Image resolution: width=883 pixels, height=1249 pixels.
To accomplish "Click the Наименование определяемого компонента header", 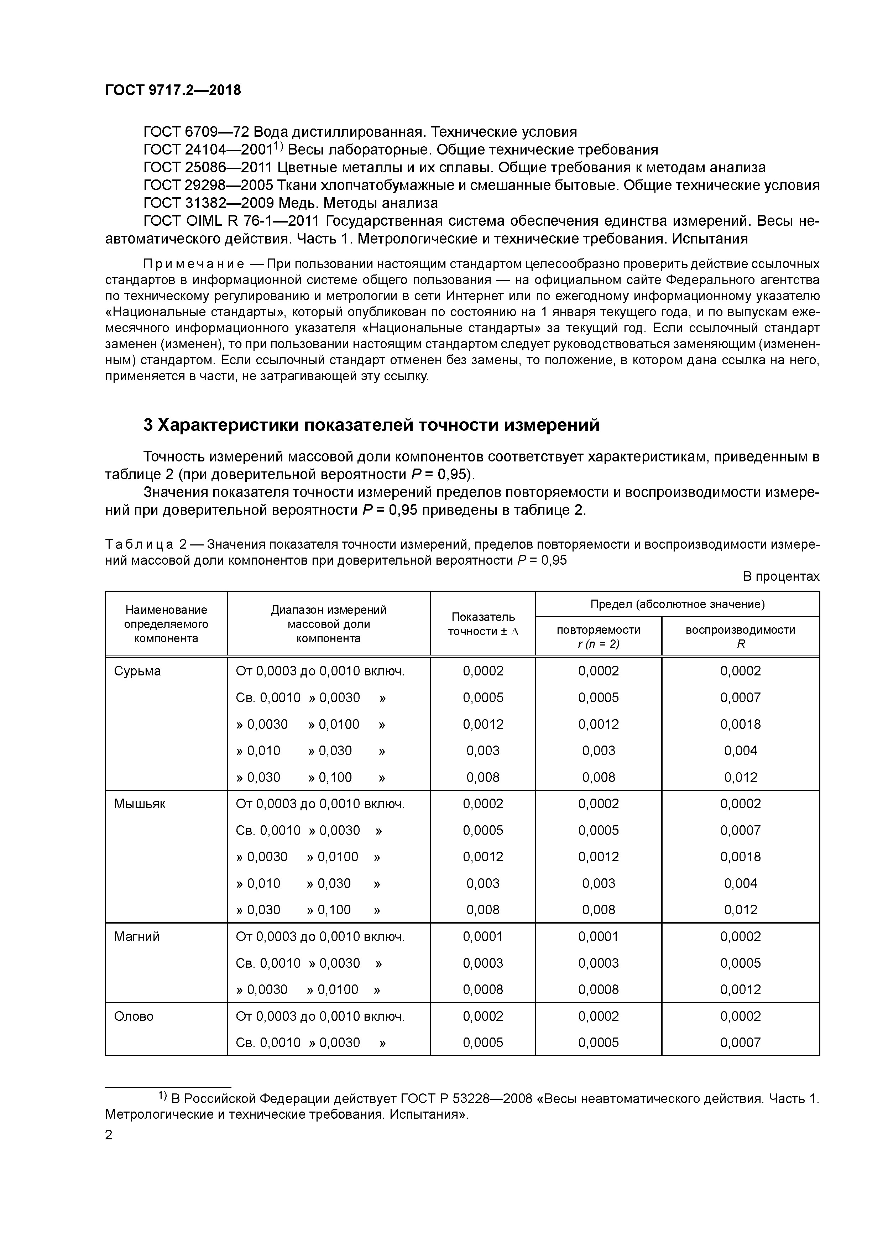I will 166,624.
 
